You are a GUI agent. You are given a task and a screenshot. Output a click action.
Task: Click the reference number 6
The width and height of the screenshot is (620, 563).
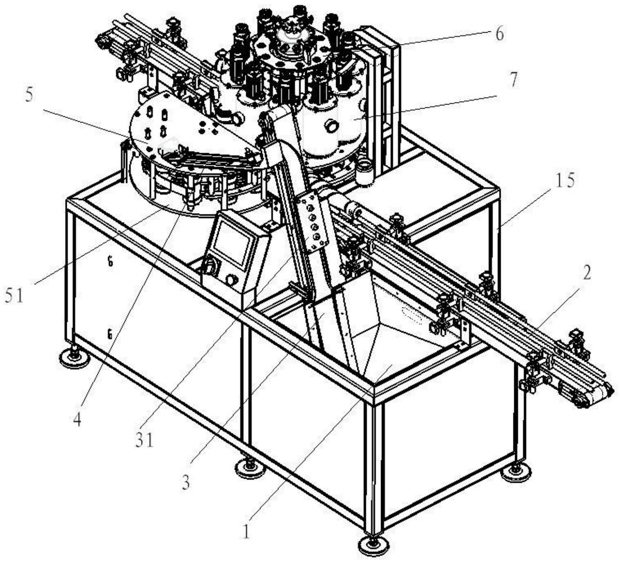coord(499,34)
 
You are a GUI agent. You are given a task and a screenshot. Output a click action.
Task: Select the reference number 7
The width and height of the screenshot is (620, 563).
coord(514,81)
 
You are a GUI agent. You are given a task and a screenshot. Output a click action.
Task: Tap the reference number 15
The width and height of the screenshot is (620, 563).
coord(565,181)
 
